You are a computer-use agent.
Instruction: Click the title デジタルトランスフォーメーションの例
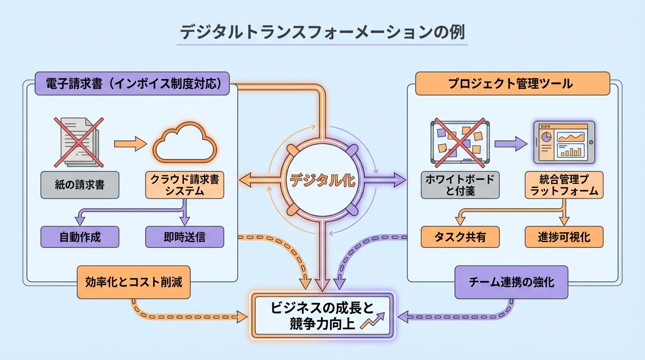pyautogui.click(x=322, y=34)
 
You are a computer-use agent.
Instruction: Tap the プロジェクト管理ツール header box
pyautogui.click(x=512, y=84)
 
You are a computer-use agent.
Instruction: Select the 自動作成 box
pyautogui.click(x=80, y=237)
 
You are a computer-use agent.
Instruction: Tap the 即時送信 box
pyautogui.click(x=185, y=237)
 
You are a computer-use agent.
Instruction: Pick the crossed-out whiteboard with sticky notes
pyautogui.click(x=459, y=142)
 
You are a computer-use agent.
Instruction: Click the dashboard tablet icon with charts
pyautogui.click(x=564, y=142)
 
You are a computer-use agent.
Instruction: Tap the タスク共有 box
pyautogui.click(x=460, y=237)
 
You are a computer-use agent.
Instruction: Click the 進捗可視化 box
pyautogui.click(x=564, y=237)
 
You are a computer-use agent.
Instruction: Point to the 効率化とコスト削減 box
pyautogui.click(x=134, y=282)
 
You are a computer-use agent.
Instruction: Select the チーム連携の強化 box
pyautogui.click(x=511, y=282)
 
